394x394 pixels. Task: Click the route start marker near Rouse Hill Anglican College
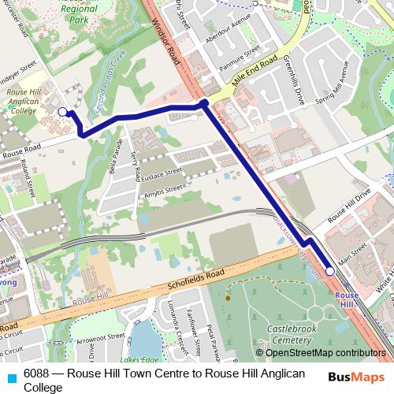pos(63,112)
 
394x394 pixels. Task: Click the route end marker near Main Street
pos(330,271)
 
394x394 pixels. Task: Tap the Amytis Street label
pos(163,189)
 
